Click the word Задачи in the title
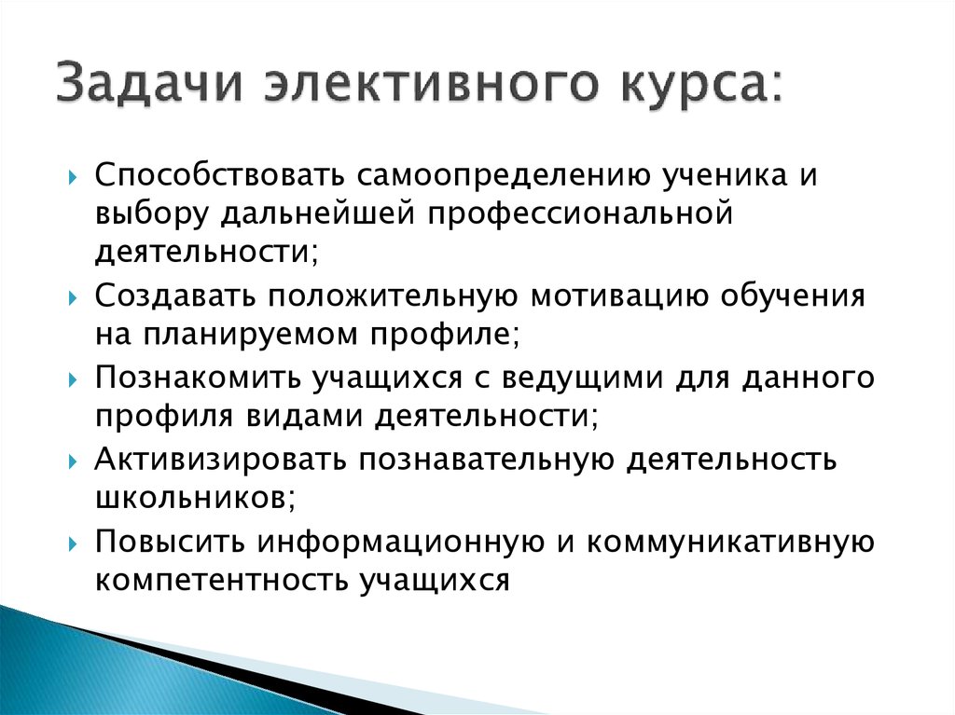(148, 86)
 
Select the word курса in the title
(685, 86)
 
